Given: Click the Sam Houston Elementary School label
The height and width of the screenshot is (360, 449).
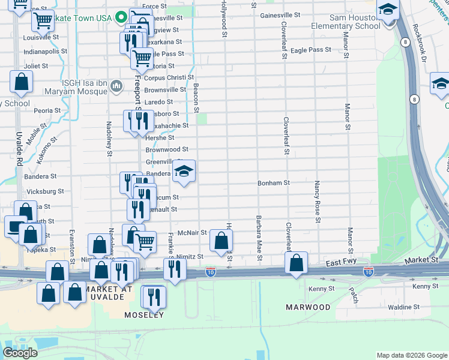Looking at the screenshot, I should click(x=346, y=22).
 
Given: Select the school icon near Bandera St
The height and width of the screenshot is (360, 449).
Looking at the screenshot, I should click(x=184, y=172).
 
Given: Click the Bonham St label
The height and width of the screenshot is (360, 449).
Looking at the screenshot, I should click(x=274, y=183).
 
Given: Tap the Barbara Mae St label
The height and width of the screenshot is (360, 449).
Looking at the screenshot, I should click(x=259, y=238).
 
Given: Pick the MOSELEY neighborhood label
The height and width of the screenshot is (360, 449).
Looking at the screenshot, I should click(x=143, y=315).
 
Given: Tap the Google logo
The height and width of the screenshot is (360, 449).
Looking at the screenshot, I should click(x=20, y=353).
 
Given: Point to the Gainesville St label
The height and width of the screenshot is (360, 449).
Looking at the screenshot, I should click(x=280, y=14).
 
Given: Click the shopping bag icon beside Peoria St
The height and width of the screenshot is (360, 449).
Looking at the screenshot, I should click(x=21, y=83).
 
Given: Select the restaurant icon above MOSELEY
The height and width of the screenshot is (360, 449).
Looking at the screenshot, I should click(x=153, y=297).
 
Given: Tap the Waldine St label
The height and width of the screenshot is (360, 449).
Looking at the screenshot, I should click(x=403, y=307).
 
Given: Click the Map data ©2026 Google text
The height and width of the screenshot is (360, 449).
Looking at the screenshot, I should click(x=411, y=355).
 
